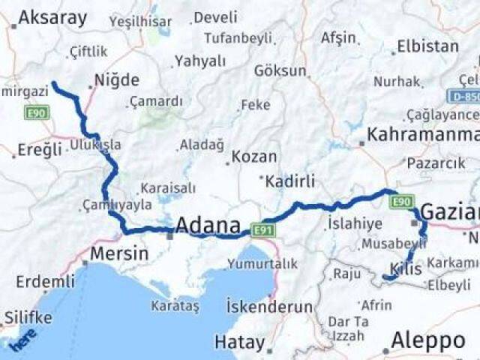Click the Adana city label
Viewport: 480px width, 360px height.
click(x=208, y=225)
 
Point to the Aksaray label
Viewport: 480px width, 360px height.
click(x=52, y=18)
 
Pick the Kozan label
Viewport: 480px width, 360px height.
click(x=254, y=157)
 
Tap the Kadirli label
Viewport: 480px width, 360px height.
click(x=291, y=181)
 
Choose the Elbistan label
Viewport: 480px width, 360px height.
click(x=427, y=46)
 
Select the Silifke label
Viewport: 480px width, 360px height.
click(x=28, y=317)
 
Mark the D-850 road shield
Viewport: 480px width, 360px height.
click(x=464, y=96)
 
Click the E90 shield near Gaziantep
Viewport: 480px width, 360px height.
click(x=402, y=201)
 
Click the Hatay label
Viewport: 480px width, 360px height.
click(x=240, y=342)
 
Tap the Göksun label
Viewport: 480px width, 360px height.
click(x=280, y=71)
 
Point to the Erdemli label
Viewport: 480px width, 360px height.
click(x=46, y=282)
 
